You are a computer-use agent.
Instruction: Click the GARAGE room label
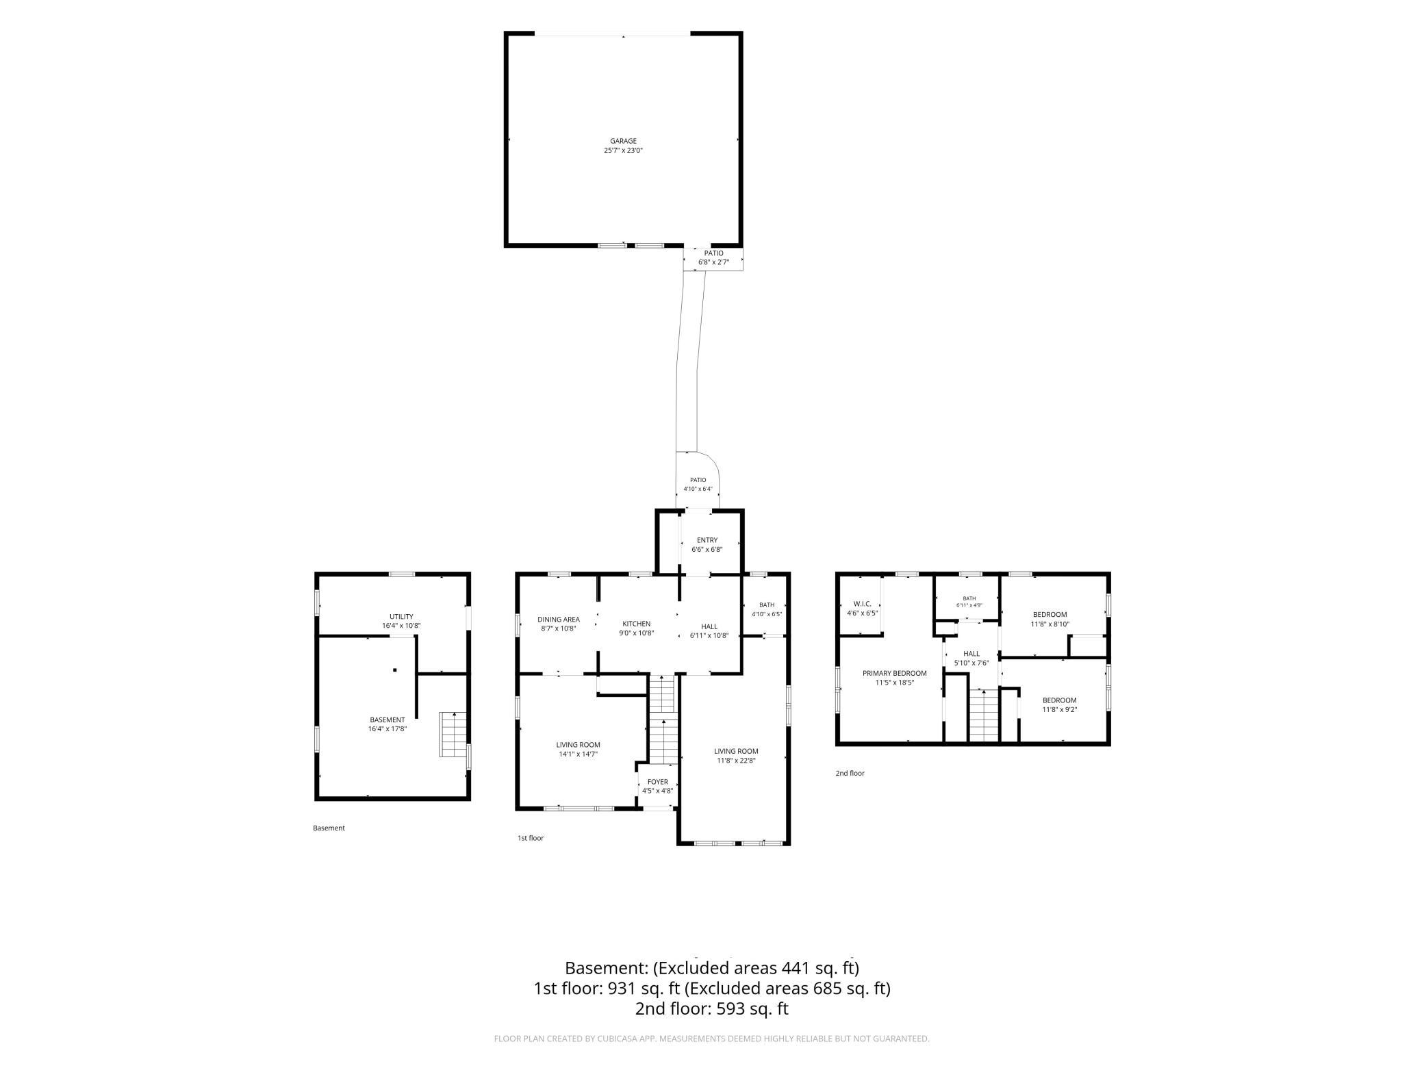[623, 141]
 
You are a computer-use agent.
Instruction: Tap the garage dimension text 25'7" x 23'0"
[623, 151]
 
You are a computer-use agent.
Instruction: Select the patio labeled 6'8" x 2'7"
[713, 257]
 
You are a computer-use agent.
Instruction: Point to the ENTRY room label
[707, 540]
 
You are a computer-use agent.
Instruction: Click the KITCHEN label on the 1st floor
[636, 624]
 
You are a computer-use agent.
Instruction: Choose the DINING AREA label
[559, 620]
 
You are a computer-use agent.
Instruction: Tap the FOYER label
[657, 782]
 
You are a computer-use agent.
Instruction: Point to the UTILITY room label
[401, 617]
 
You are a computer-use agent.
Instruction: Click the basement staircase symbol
[453, 734]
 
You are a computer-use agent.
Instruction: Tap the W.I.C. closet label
[862, 604]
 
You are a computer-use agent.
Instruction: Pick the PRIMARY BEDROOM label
[894, 673]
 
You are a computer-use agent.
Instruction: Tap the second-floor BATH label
[969, 598]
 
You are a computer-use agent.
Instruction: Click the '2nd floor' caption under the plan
[850, 773]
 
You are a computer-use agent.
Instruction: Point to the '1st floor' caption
[531, 838]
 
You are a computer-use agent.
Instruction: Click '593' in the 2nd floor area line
[731, 1009]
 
